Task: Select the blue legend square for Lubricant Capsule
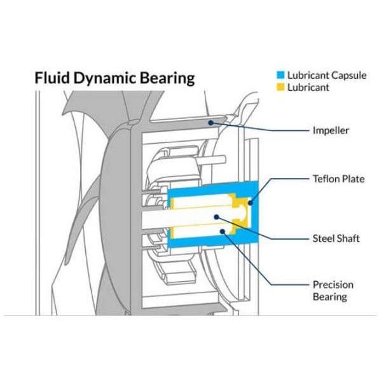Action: [x=280, y=74]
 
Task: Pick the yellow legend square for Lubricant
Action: [x=280, y=87]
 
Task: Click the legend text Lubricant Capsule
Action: [x=327, y=76]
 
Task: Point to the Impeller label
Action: [x=331, y=131]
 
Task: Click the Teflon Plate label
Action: [x=339, y=179]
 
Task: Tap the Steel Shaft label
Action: [x=336, y=238]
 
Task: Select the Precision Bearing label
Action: [x=333, y=291]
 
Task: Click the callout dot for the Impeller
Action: [x=210, y=123]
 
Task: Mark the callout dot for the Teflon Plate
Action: [x=251, y=203]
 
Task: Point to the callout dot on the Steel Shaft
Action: [x=216, y=217]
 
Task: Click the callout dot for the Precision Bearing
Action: [x=223, y=231]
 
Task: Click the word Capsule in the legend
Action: [x=348, y=76]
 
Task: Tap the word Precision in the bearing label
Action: [x=333, y=285]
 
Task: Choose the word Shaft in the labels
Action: [x=347, y=238]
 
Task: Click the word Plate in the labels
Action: [x=352, y=179]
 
